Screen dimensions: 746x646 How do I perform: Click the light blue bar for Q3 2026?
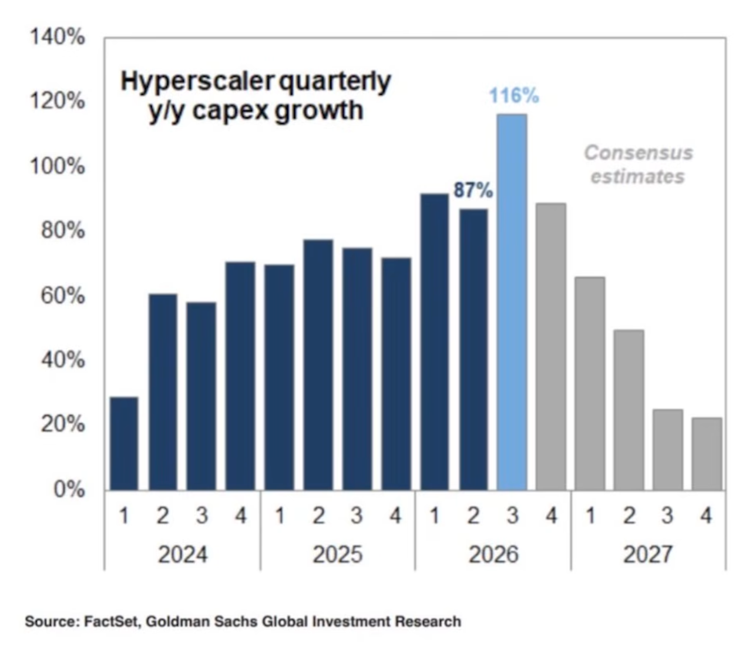point(512,302)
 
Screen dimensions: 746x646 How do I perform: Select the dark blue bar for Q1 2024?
point(124,444)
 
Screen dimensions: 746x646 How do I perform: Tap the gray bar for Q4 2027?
point(707,454)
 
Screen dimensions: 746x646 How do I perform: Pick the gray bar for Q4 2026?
point(551,347)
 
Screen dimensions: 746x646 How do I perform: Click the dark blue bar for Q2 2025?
point(318,365)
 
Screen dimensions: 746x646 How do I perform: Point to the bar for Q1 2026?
point(435,342)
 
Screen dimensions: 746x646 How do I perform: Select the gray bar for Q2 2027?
point(629,410)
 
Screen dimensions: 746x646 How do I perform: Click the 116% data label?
point(514,96)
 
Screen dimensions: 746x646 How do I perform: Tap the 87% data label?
point(473,190)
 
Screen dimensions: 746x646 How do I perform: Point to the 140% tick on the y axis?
point(58,37)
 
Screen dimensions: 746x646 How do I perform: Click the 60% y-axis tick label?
point(63,296)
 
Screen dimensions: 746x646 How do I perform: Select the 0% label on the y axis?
point(69,490)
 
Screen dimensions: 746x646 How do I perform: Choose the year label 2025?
point(337,554)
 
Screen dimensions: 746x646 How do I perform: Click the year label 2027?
point(648,554)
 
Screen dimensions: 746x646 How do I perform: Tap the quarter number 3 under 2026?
point(512,516)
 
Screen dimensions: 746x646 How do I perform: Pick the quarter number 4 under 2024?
point(241,516)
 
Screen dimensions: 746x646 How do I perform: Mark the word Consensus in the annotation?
point(639,153)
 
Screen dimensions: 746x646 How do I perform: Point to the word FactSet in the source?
point(112,621)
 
